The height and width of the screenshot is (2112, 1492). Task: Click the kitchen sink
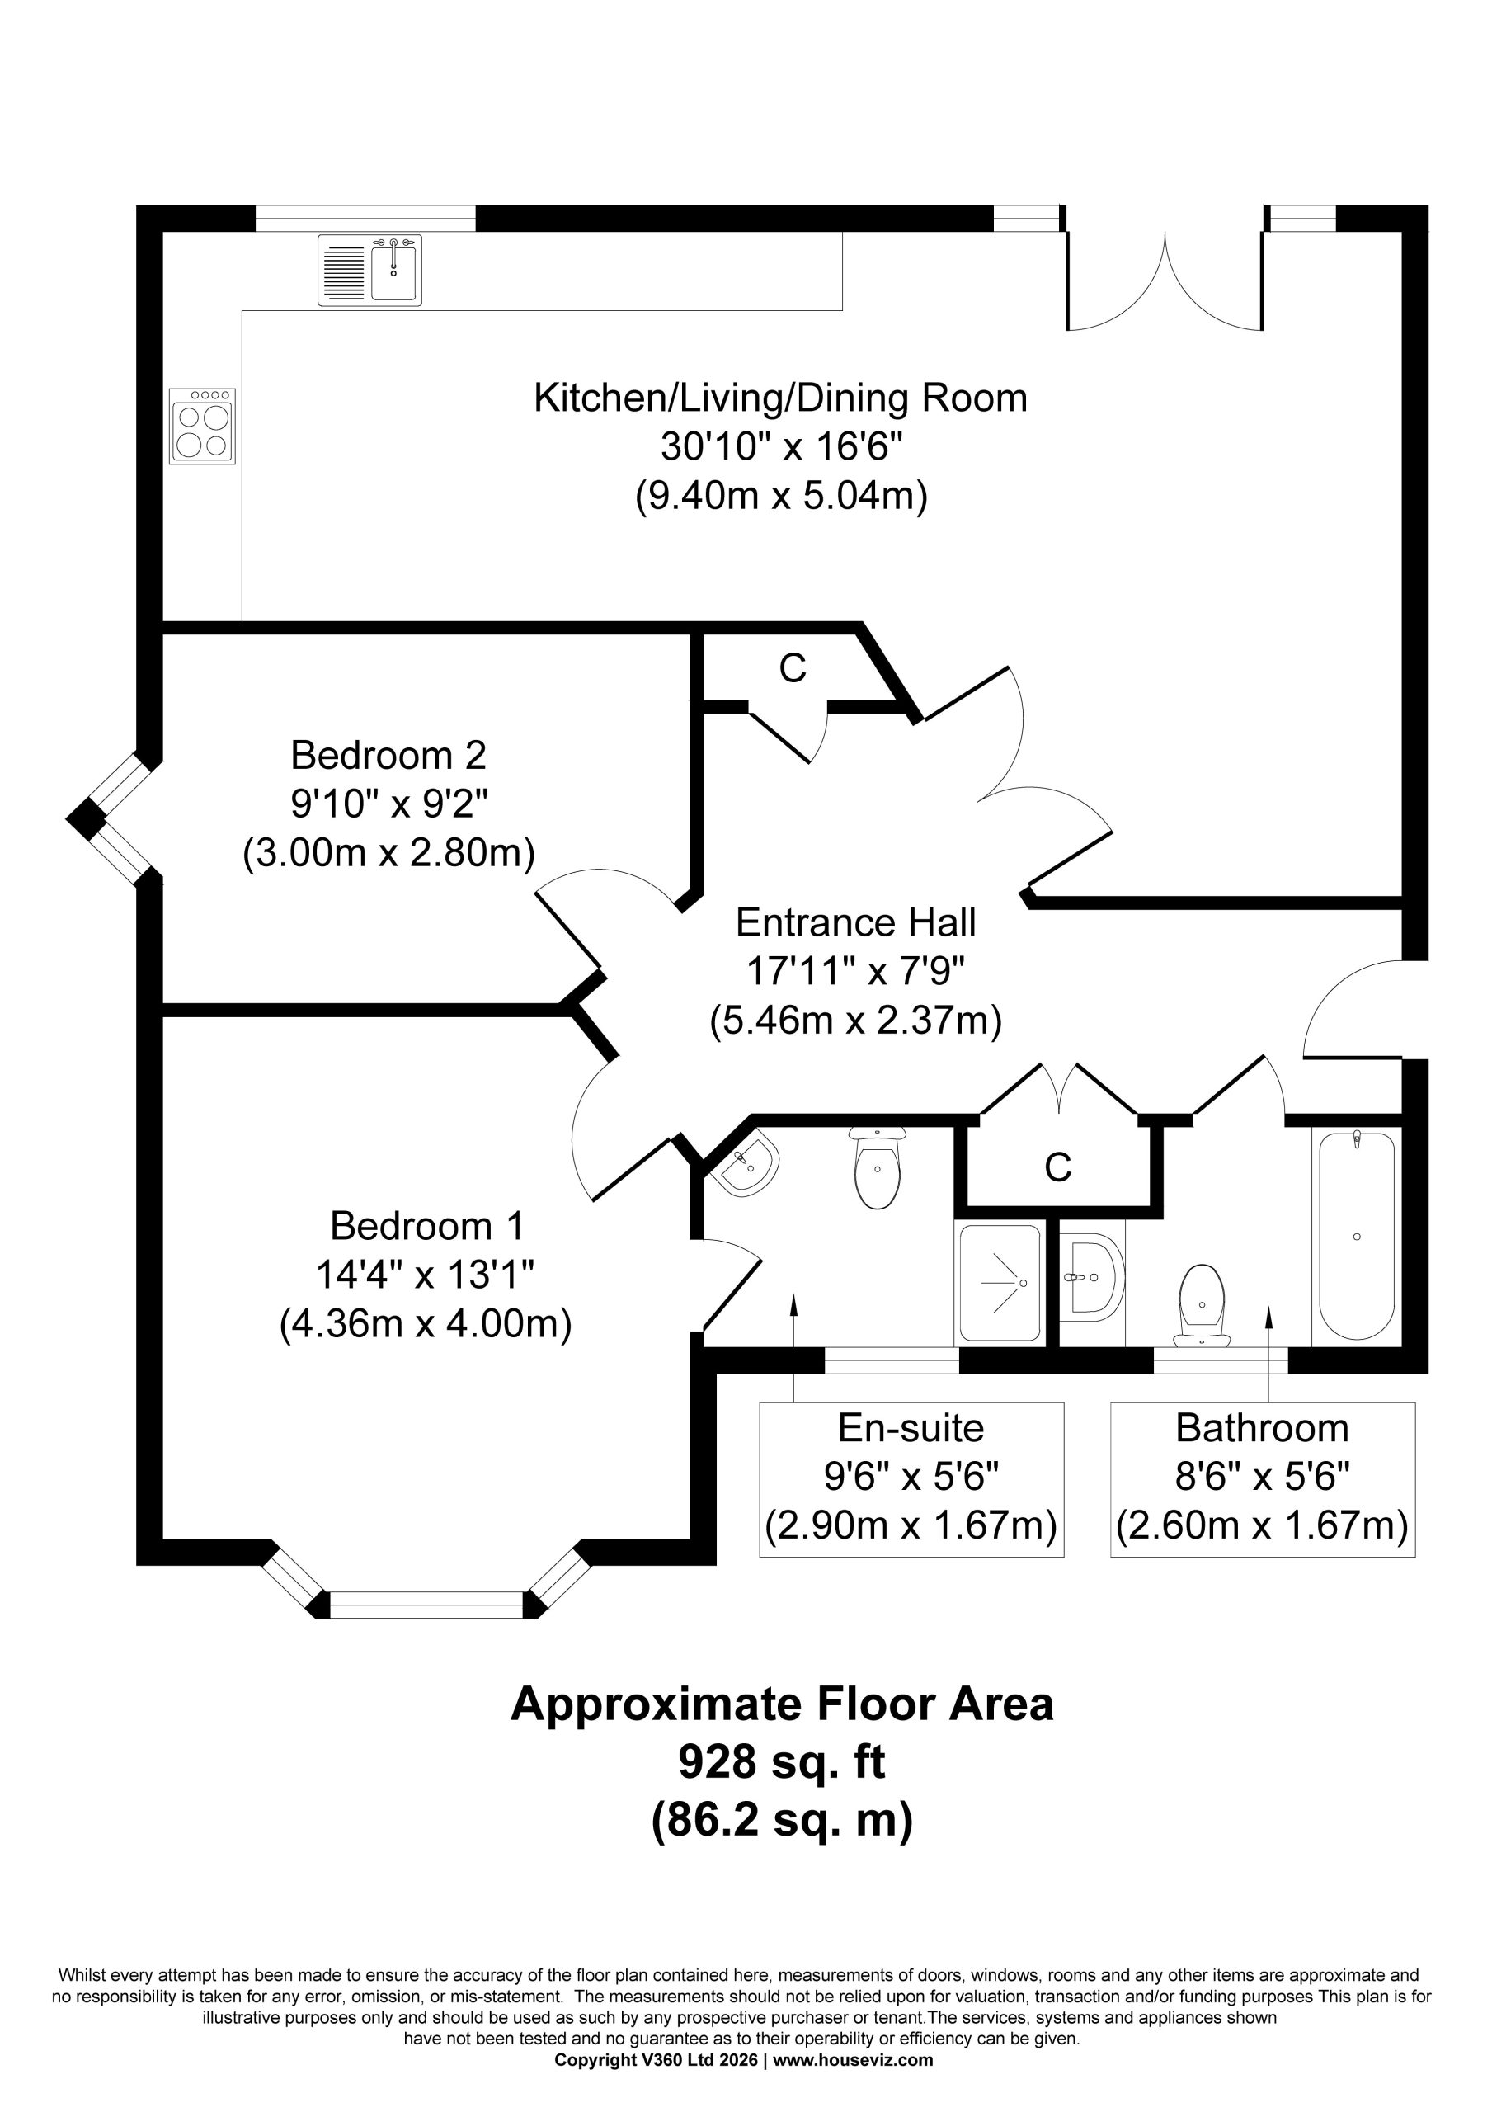point(369,270)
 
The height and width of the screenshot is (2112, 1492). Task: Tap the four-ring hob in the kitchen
point(202,425)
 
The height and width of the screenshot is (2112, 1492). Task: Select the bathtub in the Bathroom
point(1357,1235)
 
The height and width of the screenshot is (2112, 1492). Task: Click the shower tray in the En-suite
point(1000,1282)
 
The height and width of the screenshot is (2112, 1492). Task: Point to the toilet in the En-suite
point(878,1167)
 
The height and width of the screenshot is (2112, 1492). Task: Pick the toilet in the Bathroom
point(1202,1305)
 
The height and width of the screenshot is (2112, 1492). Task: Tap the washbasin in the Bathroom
point(1092,1278)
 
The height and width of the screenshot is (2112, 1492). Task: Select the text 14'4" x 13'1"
point(426,1275)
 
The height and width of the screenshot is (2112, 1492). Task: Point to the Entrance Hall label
point(855,922)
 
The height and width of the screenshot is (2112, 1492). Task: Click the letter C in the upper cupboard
point(792,669)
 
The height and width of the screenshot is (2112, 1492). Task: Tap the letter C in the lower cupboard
point(1058,1167)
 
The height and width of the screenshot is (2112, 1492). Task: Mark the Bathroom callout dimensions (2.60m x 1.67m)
point(1262,1526)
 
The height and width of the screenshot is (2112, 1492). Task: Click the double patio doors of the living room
point(1165,280)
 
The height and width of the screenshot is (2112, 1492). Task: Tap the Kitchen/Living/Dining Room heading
point(781,398)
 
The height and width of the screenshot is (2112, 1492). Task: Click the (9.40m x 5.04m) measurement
point(782,496)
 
